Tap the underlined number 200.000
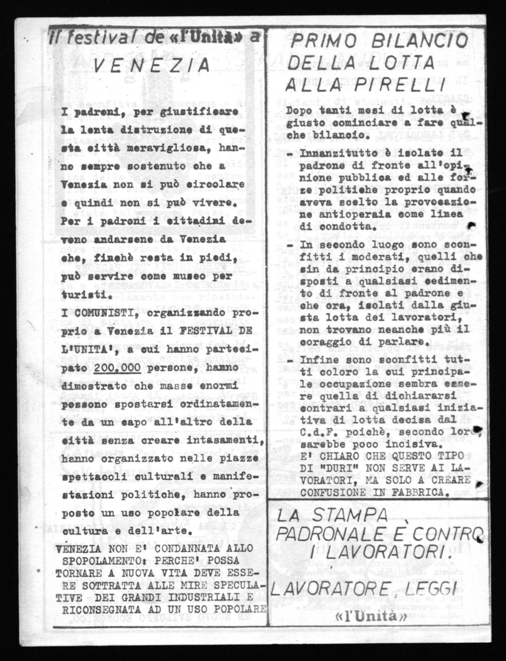[x=118, y=368]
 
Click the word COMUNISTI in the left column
[x=96, y=313]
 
